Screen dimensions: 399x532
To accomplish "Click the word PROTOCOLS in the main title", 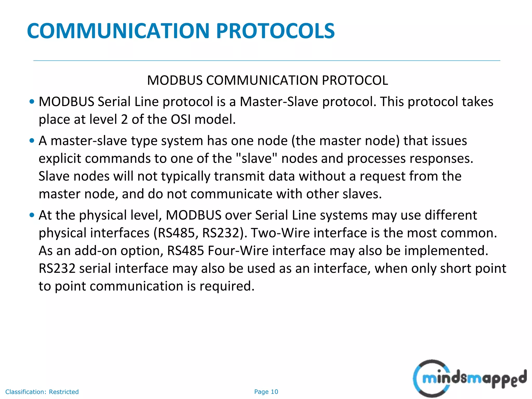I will (275, 31).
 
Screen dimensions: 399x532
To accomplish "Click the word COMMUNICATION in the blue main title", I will (118, 31).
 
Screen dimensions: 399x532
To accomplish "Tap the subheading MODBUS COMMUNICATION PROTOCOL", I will (268, 80).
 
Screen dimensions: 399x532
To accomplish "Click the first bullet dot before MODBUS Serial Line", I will (32, 102).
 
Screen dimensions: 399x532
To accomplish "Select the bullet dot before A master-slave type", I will (32, 141).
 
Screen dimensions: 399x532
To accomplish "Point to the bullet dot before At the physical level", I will (32, 215).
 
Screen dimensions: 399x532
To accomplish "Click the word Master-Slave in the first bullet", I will (279, 102).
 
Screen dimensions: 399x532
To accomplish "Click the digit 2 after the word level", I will (124, 119).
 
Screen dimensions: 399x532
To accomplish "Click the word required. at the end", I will (227, 286).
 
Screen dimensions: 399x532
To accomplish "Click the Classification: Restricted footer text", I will (42, 392).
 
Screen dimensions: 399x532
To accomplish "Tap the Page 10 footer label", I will (266, 392).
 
